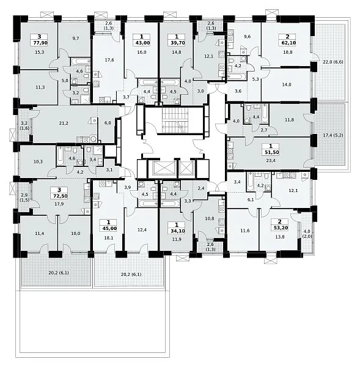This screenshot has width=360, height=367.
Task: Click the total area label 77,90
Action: (x=39, y=43)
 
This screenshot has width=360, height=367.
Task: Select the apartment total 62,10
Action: (x=287, y=43)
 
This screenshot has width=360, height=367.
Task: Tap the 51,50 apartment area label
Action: (x=271, y=152)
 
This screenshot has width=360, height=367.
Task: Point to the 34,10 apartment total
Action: (x=177, y=231)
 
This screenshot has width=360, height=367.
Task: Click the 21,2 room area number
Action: (x=64, y=123)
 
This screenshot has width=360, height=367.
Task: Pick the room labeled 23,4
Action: (x=271, y=160)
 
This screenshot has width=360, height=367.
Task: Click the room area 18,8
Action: (x=287, y=53)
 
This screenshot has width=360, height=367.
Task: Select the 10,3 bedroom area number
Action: (x=38, y=161)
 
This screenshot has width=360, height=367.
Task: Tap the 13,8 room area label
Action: (x=279, y=237)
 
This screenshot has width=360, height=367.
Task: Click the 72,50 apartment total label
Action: (x=59, y=196)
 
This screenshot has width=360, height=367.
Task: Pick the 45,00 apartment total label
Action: (x=108, y=228)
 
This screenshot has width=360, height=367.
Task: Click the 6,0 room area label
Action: (x=108, y=123)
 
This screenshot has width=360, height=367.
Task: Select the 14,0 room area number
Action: (x=286, y=85)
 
